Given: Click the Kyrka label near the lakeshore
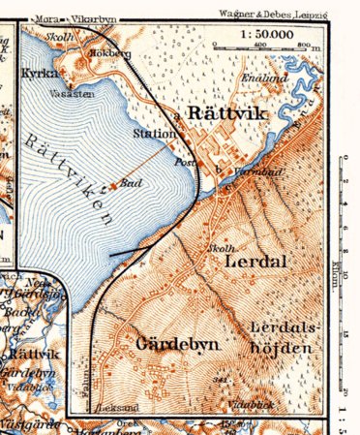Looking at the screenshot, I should tap(35, 73).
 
